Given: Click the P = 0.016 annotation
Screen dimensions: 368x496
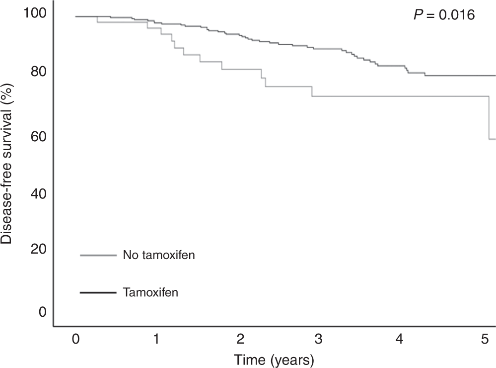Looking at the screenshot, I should click(x=444, y=15).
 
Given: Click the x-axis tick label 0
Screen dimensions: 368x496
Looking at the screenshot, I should click(x=75, y=339).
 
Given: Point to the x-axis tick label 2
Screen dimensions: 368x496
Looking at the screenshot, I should click(x=240, y=339).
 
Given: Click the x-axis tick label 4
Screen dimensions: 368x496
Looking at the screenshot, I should click(x=400, y=339).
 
